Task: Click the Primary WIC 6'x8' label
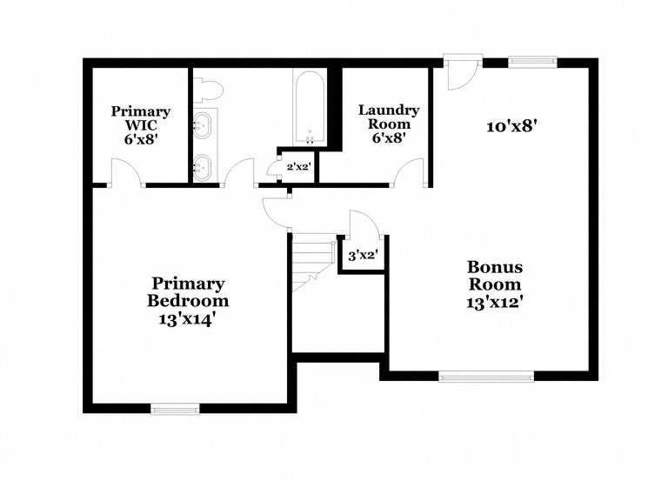click(x=140, y=124)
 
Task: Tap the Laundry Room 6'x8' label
click(x=389, y=124)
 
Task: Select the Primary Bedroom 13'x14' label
click(x=189, y=301)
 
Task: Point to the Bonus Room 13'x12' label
click(x=495, y=284)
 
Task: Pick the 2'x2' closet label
click(x=288, y=167)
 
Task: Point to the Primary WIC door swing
click(x=129, y=173)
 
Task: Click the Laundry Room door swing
click(x=407, y=174)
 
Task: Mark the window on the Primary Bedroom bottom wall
click(x=175, y=407)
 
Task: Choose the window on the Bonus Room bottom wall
click(x=486, y=376)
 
